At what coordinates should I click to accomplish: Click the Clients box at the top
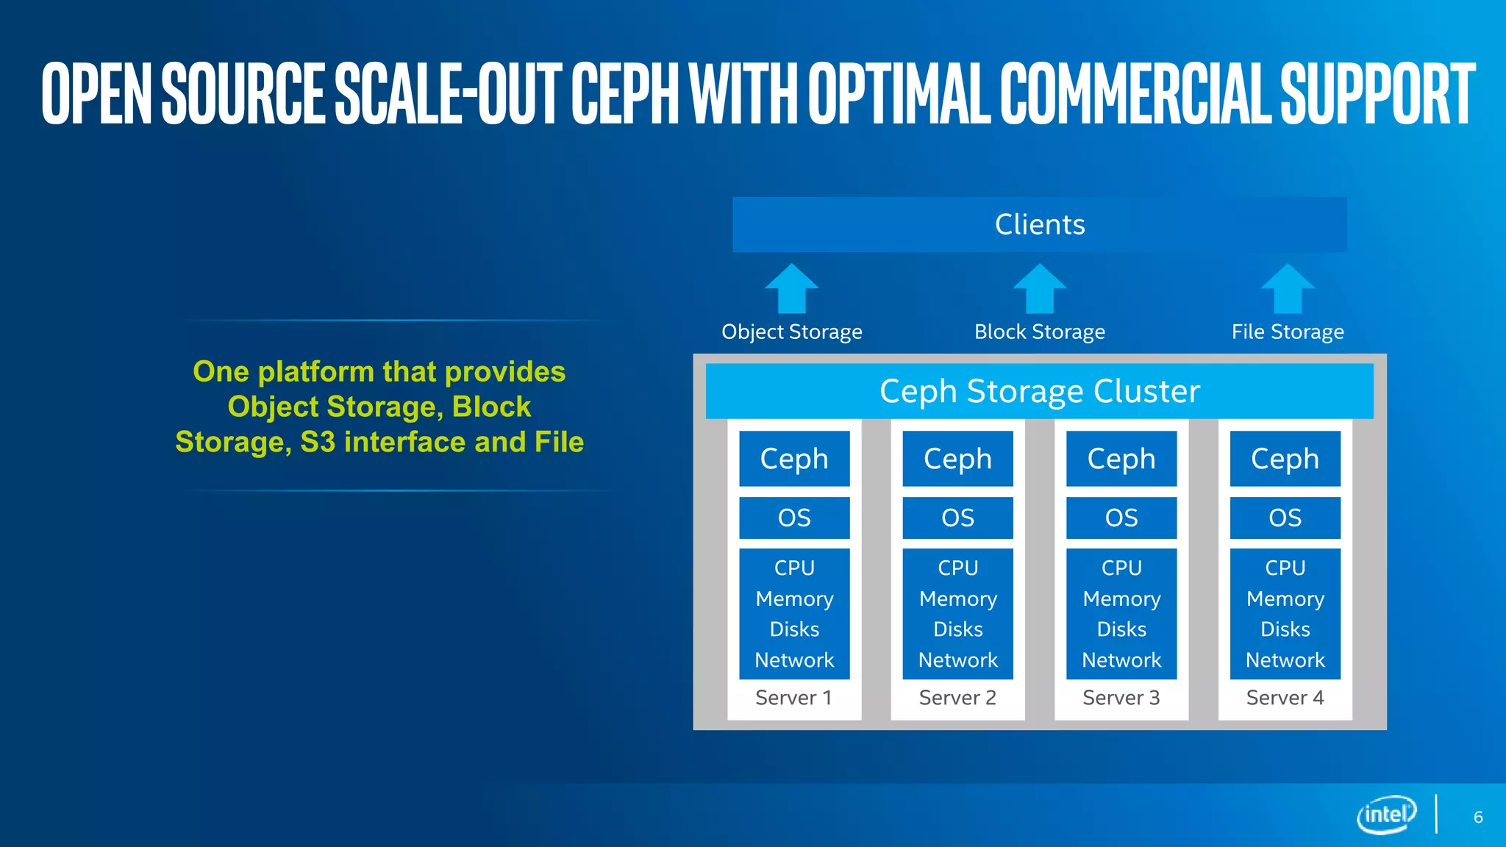1039,224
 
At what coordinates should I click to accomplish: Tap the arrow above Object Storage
791,289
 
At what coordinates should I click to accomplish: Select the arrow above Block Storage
1039,289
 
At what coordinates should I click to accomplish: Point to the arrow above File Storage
1288,289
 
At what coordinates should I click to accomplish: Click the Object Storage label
791,332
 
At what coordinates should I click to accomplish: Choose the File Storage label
1288,332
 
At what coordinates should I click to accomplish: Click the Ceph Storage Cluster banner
1039,391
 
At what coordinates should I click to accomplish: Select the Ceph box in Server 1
794,459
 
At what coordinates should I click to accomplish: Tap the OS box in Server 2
957,518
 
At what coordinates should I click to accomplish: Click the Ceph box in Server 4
1285,459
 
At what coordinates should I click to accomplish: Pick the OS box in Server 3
1121,518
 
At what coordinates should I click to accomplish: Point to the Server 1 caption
793,698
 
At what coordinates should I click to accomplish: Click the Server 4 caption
1285,698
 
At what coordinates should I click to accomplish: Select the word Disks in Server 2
957,629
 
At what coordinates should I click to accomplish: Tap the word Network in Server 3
1121,660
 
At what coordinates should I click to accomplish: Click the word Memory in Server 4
1285,598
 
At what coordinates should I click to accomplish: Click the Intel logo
1386,814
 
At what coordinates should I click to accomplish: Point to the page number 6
1478,818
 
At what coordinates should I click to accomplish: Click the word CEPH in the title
625,93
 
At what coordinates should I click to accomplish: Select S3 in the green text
318,442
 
